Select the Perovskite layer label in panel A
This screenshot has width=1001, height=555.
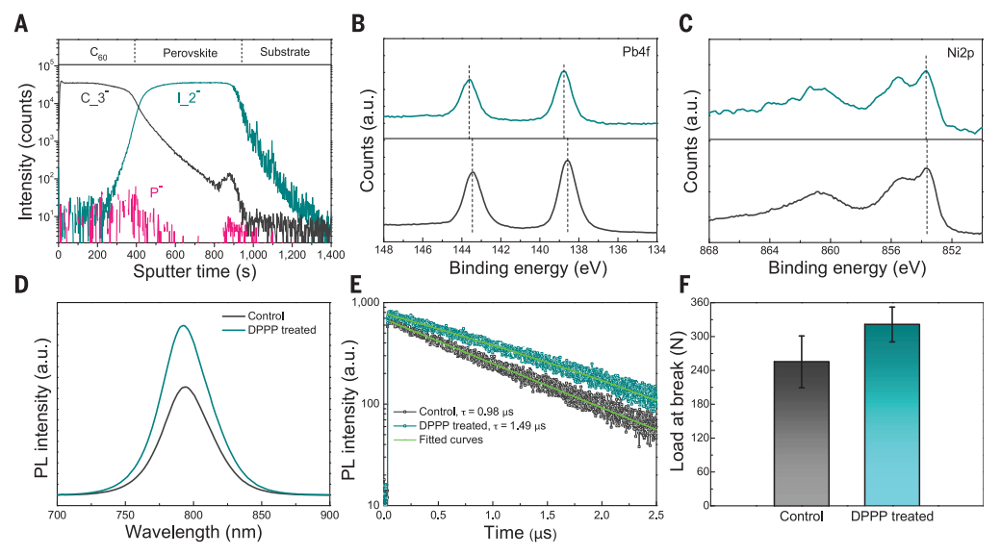click(x=187, y=51)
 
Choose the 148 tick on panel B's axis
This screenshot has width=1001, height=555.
click(x=384, y=248)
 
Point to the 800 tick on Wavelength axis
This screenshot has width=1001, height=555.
click(x=193, y=516)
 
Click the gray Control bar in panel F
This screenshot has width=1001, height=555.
click(x=801, y=433)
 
